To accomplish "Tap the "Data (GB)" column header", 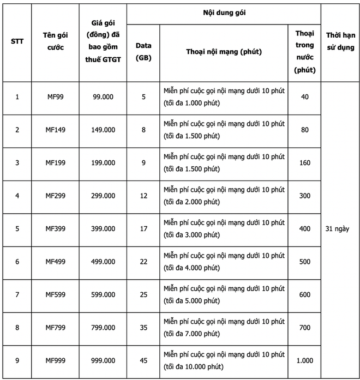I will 143,52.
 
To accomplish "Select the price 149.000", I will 104,130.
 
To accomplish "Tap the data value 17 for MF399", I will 143,228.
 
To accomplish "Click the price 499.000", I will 104,262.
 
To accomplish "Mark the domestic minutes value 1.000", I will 304,360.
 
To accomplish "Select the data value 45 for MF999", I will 143,360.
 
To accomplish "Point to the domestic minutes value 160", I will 304,162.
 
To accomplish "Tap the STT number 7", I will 17,294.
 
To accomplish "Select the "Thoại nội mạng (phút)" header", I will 224,52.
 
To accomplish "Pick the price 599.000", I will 104,294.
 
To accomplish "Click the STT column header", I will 17,41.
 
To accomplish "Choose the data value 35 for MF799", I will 143,328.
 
